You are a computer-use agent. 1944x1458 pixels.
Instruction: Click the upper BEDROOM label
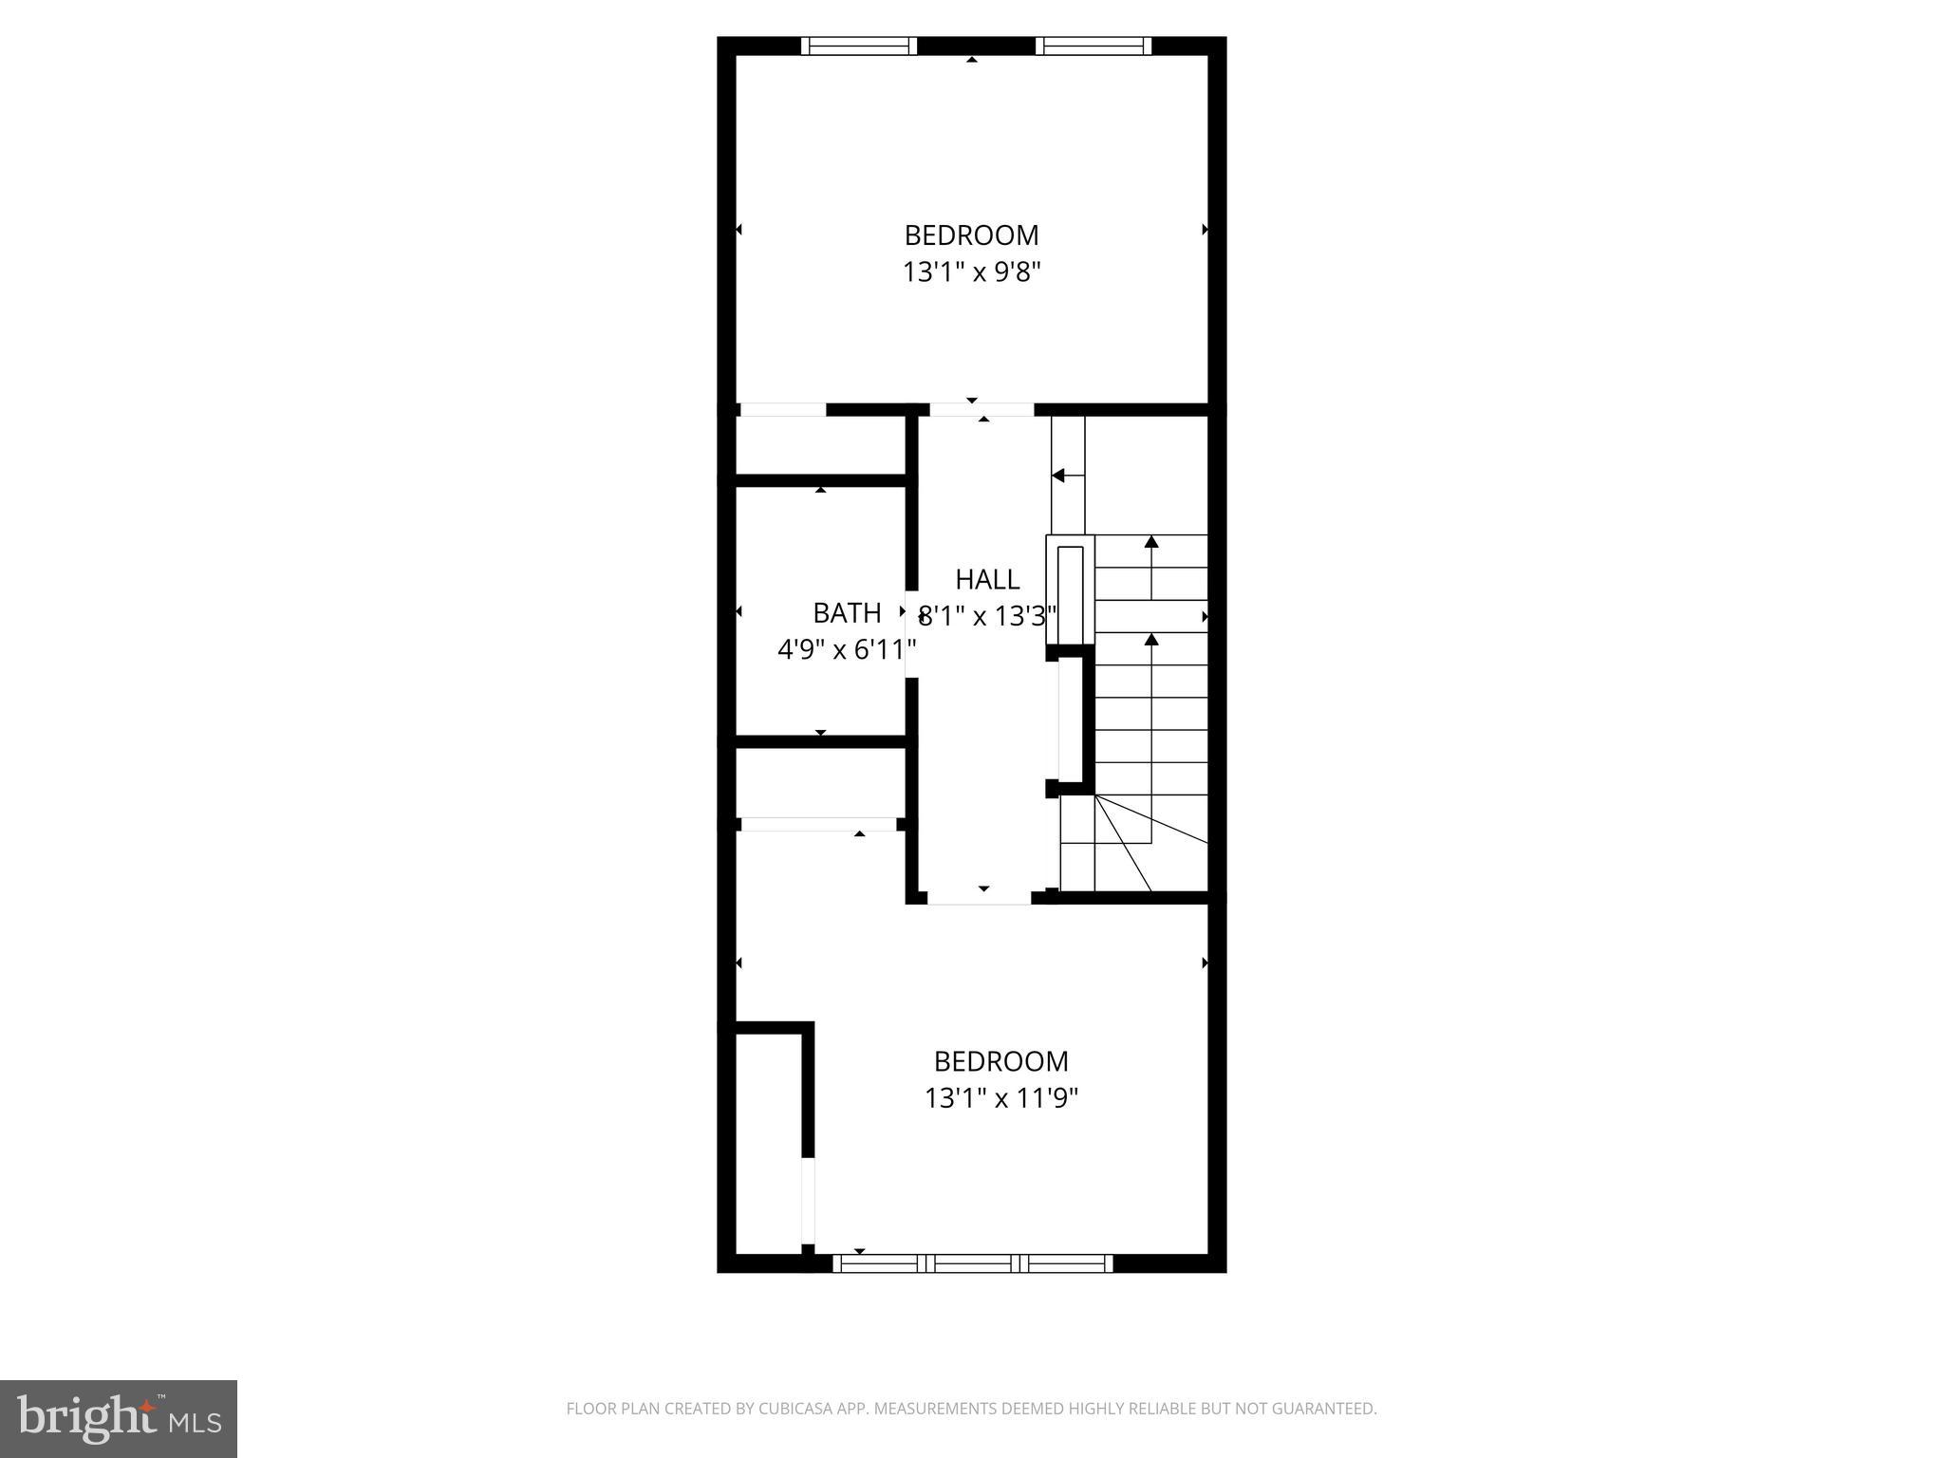click(x=971, y=234)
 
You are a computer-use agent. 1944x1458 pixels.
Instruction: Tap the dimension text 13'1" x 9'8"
click(x=971, y=273)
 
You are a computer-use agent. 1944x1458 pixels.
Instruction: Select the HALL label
click(x=987, y=579)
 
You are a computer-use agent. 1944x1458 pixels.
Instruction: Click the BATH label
click(x=847, y=612)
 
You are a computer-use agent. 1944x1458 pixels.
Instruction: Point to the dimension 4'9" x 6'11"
click(x=847, y=650)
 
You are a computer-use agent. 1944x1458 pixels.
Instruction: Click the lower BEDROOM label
click(x=1000, y=1060)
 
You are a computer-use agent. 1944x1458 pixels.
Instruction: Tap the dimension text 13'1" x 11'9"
click(x=1000, y=1099)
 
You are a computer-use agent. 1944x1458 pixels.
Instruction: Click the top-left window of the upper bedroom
click(x=859, y=46)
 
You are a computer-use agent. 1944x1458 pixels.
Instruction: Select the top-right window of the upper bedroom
click(x=1093, y=46)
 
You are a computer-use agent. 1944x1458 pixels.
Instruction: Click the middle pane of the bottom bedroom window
click(x=973, y=1263)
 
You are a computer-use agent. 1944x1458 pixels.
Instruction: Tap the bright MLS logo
click(x=119, y=1419)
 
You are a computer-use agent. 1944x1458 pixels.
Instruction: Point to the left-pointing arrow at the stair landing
click(x=1061, y=475)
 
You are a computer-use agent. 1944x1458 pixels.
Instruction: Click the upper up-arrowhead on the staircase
click(x=1151, y=542)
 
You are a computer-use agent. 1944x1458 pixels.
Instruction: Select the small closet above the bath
click(x=820, y=445)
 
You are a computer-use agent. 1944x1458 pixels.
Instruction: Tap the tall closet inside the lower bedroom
click(x=769, y=1144)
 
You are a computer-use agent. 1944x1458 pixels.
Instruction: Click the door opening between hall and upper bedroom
click(x=981, y=410)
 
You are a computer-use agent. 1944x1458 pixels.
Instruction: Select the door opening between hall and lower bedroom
click(x=979, y=898)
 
